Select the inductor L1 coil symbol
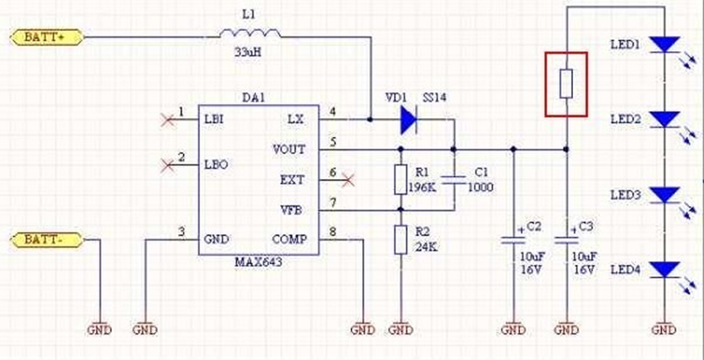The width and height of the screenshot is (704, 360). [250, 34]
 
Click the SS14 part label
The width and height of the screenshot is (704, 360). [436, 98]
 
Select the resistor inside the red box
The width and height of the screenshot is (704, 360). [568, 84]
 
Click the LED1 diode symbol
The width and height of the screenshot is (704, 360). [666, 45]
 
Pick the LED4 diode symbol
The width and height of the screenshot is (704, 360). [666, 268]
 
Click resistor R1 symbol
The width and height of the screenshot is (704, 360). [400, 179]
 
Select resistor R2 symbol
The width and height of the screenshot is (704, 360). [400, 239]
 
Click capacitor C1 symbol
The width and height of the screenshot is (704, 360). [455, 179]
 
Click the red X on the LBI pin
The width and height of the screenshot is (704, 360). [161, 117]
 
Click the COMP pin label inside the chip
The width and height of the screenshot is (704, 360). [288, 239]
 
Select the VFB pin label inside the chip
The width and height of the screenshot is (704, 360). [291, 209]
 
